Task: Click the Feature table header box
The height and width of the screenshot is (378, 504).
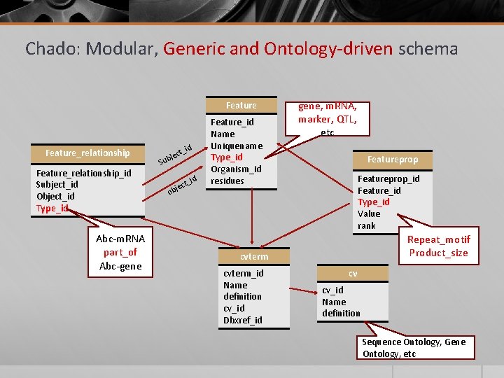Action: pyautogui.click(x=241, y=105)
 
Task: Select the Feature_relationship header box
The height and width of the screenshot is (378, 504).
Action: pyautogui.click(x=87, y=153)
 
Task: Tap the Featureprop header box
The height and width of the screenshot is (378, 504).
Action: pyautogui.click(x=392, y=159)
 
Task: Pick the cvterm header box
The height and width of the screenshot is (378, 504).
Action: pyautogui.click(x=254, y=257)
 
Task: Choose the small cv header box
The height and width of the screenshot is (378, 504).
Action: pyautogui.click(x=353, y=273)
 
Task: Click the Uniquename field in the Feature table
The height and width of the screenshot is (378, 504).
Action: pyautogui.click(x=237, y=146)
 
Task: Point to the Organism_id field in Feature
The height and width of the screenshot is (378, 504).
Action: pyautogui.click(x=236, y=169)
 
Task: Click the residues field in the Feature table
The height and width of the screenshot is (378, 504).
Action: pyautogui.click(x=227, y=181)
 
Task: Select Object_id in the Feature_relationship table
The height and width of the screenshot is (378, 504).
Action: pyautogui.click(x=55, y=196)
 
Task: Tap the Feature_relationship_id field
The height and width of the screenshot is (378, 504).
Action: pyautogui.click(x=83, y=173)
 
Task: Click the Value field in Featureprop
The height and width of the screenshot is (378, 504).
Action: pyautogui.click(x=369, y=213)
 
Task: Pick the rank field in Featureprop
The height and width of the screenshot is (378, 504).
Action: pyautogui.click(x=367, y=225)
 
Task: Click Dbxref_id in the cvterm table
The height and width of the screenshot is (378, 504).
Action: pyautogui.click(x=242, y=320)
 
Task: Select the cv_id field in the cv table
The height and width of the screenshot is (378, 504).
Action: pyautogui.click(x=332, y=290)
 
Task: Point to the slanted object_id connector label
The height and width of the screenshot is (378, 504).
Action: pyautogui.click(x=182, y=185)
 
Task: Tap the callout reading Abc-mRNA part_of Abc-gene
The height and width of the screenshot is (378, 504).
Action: pyautogui.click(x=120, y=252)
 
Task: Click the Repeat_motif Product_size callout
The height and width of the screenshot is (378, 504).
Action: pyautogui.click(x=438, y=246)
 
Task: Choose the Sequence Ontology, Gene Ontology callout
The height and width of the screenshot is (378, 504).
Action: pyautogui.click(x=413, y=347)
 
